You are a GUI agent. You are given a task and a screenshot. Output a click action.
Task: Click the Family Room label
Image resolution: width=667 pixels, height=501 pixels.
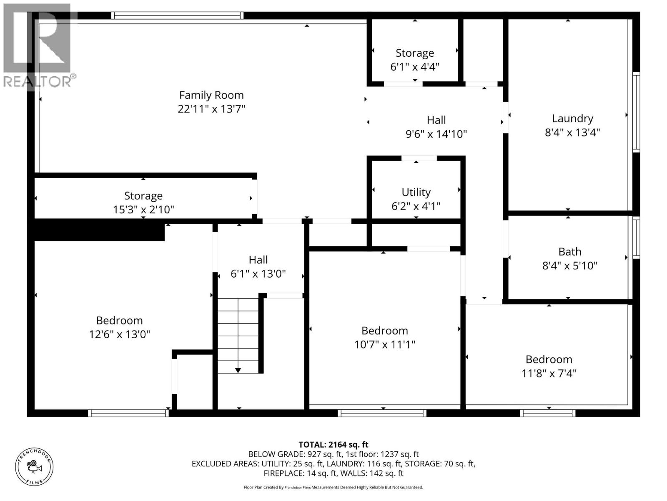[211, 95]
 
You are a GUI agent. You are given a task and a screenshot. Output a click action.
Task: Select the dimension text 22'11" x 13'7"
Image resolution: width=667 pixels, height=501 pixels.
[211, 109]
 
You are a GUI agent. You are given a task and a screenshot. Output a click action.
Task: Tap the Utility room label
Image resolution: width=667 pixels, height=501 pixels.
[416, 192]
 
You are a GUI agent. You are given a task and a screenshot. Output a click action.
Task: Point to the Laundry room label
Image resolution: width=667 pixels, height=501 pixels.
[572, 119]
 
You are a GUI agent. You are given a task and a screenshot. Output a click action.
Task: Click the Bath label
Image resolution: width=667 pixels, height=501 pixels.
[569, 252]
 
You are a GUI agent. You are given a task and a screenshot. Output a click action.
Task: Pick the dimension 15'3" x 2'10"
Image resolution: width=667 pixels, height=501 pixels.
[143, 210]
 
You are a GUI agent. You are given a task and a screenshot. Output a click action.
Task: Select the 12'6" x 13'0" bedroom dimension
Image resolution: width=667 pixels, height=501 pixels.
[119, 334]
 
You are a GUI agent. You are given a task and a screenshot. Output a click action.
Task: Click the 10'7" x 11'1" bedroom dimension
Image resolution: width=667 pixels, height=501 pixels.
[384, 344]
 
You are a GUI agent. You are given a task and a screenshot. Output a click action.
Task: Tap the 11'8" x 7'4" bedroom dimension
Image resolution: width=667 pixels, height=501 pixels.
[549, 373]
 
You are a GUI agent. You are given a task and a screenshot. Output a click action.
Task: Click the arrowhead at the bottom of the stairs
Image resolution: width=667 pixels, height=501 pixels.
[238, 370]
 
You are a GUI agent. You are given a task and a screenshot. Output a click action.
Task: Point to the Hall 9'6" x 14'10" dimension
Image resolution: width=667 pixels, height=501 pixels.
[436, 134]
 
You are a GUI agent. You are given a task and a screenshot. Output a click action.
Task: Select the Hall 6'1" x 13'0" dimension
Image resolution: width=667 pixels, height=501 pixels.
[258, 274]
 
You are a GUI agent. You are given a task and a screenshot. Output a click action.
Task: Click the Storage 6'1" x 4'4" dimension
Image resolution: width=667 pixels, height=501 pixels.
[414, 67]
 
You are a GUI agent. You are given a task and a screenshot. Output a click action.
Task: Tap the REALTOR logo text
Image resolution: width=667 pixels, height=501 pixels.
[39, 81]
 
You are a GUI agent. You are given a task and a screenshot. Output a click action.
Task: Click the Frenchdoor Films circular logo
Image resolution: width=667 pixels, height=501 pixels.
[34, 467]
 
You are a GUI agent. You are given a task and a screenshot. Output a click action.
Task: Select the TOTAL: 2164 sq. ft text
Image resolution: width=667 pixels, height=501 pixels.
[333, 445]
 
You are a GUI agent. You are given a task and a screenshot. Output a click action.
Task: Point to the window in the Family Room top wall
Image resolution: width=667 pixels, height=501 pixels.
[177, 16]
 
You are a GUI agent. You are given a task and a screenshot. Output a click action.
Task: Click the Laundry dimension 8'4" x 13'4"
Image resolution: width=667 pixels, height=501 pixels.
[572, 132]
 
